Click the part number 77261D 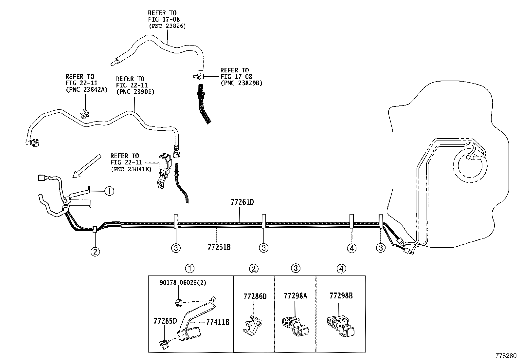(242, 202)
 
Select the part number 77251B (219, 247)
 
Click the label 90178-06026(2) (183, 283)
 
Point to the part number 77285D (165, 321)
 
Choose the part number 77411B (218, 322)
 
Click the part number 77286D (255, 297)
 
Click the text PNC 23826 (167, 26)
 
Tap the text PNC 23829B (242, 83)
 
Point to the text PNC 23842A (86, 89)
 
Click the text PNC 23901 (135, 92)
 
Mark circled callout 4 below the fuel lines (352, 248)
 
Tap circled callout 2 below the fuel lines (95, 251)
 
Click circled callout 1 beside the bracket (109, 191)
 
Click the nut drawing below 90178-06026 (179, 303)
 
